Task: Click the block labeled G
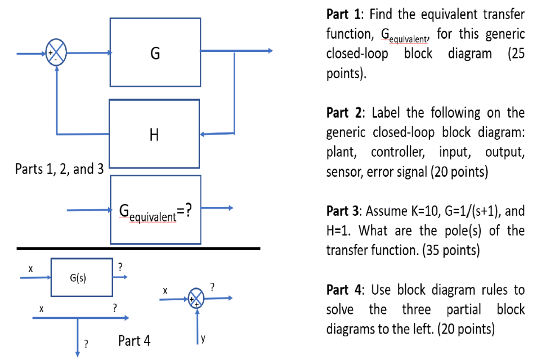[x=155, y=52]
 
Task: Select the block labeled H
[x=154, y=134]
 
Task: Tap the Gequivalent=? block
[x=155, y=211]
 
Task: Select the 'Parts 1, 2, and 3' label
[x=59, y=168]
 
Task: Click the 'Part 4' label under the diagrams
[x=135, y=341]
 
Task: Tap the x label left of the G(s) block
[x=31, y=269]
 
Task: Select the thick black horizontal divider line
[x=138, y=248]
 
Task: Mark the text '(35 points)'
[x=451, y=251]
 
